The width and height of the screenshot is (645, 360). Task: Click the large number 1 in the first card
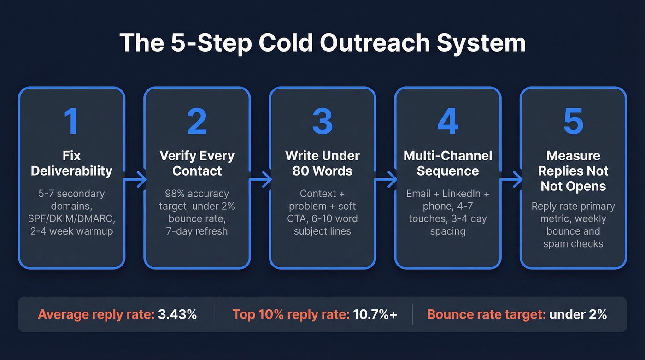click(71, 122)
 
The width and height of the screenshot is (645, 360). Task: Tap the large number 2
click(197, 122)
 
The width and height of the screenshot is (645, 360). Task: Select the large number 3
click(322, 122)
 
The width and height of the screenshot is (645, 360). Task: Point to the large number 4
click(447, 122)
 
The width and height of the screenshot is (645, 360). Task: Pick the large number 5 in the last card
click(573, 122)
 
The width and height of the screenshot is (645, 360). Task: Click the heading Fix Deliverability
click(71, 163)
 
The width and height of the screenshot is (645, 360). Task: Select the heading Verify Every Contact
click(197, 163)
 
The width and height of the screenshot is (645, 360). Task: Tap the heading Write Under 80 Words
click(322, 163)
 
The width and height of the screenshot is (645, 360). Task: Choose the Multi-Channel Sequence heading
click(447, 163)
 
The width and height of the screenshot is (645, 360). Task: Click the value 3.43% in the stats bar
click(178, 314)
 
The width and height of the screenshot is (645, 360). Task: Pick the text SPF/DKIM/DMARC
click(71, 218)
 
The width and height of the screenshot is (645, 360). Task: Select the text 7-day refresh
click(197, 230)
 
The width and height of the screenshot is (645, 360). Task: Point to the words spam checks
click(573, 243)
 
